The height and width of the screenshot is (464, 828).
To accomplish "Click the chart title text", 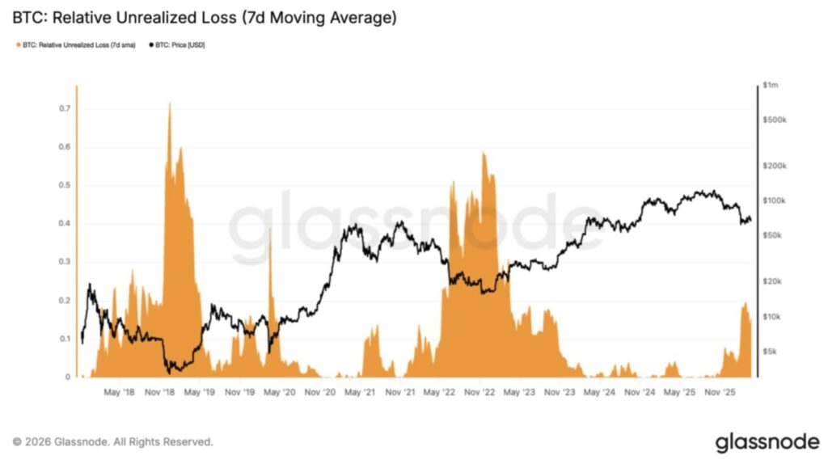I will [204, 17].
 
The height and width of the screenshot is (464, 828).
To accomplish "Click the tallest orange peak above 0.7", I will [169, 104].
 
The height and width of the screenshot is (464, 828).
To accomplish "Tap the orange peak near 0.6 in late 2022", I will [484, 154].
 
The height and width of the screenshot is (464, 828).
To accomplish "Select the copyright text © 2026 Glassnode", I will [113, 442].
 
